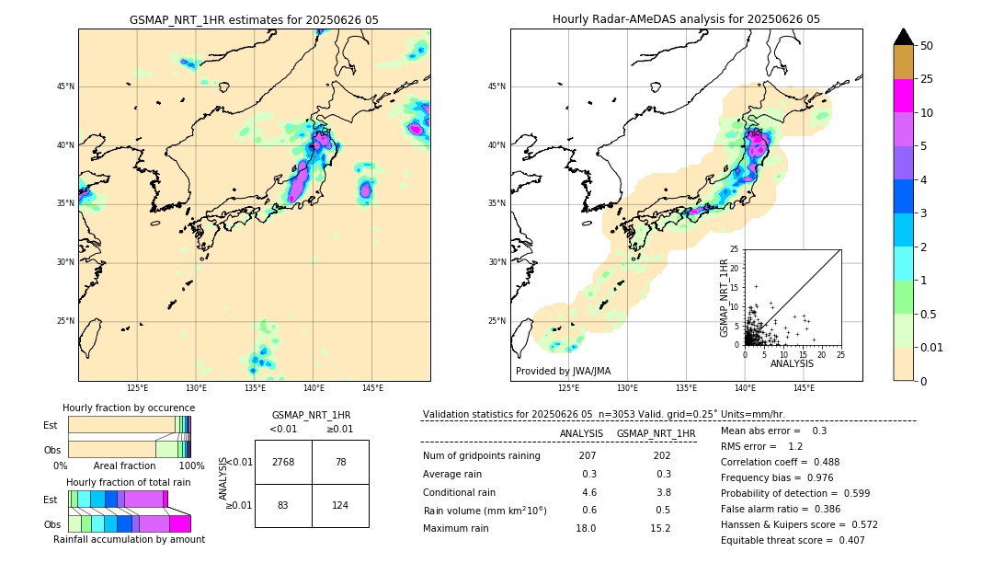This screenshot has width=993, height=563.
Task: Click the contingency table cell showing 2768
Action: [x=283, y=462]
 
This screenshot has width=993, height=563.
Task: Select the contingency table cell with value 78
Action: [x=340, y=462]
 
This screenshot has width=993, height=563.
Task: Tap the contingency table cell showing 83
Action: [x=283, y=505]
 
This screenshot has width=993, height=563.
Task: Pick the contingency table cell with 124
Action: [x=340, y=505]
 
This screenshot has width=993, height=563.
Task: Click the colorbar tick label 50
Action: [x=928, y=45]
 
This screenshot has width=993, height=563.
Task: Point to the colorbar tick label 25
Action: [x=928, y=79]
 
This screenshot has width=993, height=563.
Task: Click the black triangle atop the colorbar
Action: [x=904, y=37]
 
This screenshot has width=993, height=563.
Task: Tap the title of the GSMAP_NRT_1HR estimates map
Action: [x=254, y=19]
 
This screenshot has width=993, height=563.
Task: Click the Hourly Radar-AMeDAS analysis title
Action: [x=686, y=19]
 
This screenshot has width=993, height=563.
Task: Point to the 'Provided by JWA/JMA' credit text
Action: [x=563, y=371]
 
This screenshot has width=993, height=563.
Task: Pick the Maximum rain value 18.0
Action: [x=585, y=528]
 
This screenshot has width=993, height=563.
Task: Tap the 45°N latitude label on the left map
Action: [x=65, y=86]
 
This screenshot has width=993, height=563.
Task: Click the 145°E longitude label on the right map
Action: [x=805, y=388]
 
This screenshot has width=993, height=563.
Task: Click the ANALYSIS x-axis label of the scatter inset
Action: [x=792, y=363]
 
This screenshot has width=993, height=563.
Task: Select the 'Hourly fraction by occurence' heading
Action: [x=129, y=408]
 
